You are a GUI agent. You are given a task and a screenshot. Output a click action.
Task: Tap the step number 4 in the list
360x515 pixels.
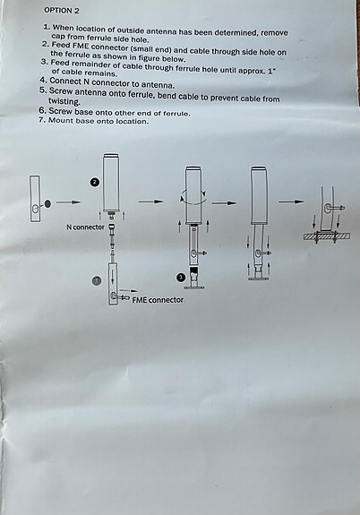pyautogui.click(x=42, y=81)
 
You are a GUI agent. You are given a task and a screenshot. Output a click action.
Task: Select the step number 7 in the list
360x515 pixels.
pyautogui.click(x=41, y=120)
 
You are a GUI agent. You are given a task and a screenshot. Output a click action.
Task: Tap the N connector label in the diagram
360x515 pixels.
pyautogui.click(x=85, y=227)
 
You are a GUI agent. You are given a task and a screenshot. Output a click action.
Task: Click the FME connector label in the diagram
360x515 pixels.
pyautogui.click(x=158, y=299)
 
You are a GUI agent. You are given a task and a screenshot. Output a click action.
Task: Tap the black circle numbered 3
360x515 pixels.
pyautogui.click(x=181, y=278)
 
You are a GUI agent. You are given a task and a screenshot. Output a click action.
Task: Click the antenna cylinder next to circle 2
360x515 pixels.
pyautogui.click(x=112, y=183)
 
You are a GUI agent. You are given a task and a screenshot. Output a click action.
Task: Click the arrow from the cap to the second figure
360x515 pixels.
pyautogui.click(x=70, y=203)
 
